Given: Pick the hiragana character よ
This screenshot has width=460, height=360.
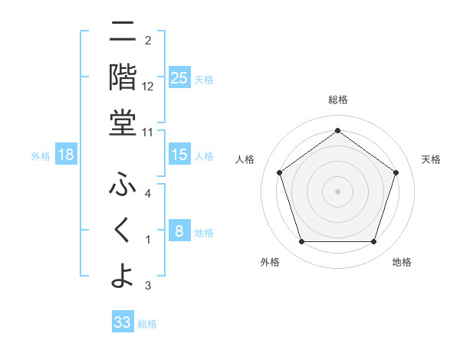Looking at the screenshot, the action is tap(123, 275).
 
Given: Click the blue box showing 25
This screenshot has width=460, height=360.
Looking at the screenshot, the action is tap(179, 78).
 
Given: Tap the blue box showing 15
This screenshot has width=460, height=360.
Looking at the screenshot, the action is tap(179, 155).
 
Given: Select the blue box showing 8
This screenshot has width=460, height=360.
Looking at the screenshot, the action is tap(179, 231).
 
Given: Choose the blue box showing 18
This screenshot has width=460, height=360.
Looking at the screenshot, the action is tap(66, 155).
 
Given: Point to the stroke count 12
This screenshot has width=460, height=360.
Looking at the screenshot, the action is tap(148, 87).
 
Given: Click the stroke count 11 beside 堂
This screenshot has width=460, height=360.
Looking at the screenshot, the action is tap(148, 132).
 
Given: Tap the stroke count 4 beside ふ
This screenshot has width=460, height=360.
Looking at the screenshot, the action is tap(148, 194).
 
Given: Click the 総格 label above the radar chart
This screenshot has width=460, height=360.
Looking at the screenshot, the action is tap(337, 100).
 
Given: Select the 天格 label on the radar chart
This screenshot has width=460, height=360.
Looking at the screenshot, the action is tap(432, 159).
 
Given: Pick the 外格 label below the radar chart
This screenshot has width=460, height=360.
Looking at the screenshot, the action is tap(270, 262).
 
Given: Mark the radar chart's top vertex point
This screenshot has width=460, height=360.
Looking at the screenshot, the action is tap(337, 129).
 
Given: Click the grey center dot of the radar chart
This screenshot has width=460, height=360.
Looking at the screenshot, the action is tap(337, 191).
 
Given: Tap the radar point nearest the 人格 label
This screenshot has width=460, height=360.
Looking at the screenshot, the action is tap(279, 172).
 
